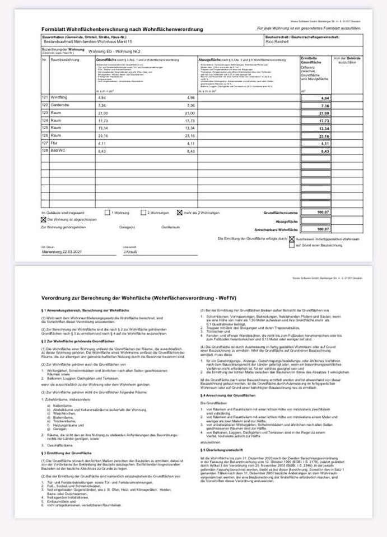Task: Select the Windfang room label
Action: click(x=59, y=98)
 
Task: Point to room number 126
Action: click(x=45, y=136)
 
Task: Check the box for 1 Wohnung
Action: click(x=108, y=213)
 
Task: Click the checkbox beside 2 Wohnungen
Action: click(x=143, y=213)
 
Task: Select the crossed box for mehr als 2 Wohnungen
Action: click(x=179, y=213)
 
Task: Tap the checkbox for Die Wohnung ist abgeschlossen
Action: click(x=44, y=220)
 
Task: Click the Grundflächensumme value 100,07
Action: click(x=324, y=213)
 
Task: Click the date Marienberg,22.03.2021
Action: click(x=62, y=252)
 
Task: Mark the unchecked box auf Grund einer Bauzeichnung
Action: click(x=291, y=244)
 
